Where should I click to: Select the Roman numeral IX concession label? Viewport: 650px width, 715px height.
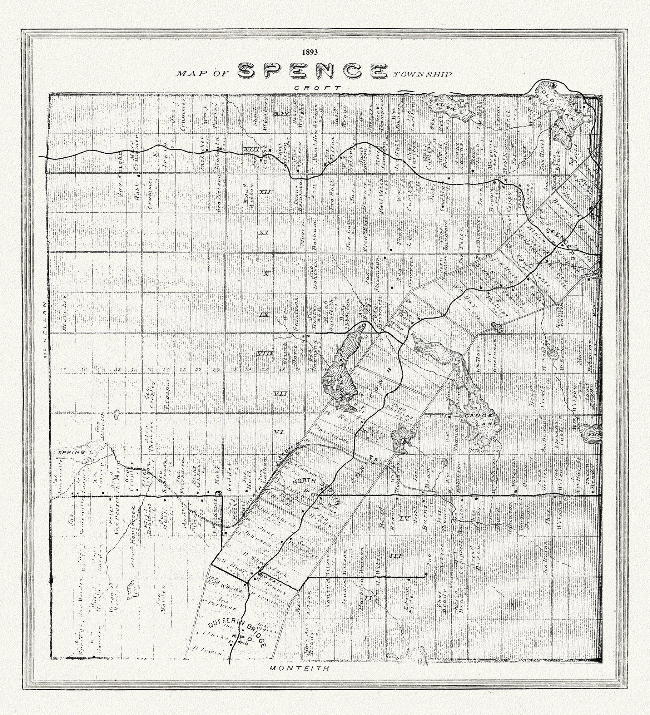pyautogui.click(x=264, y=315)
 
